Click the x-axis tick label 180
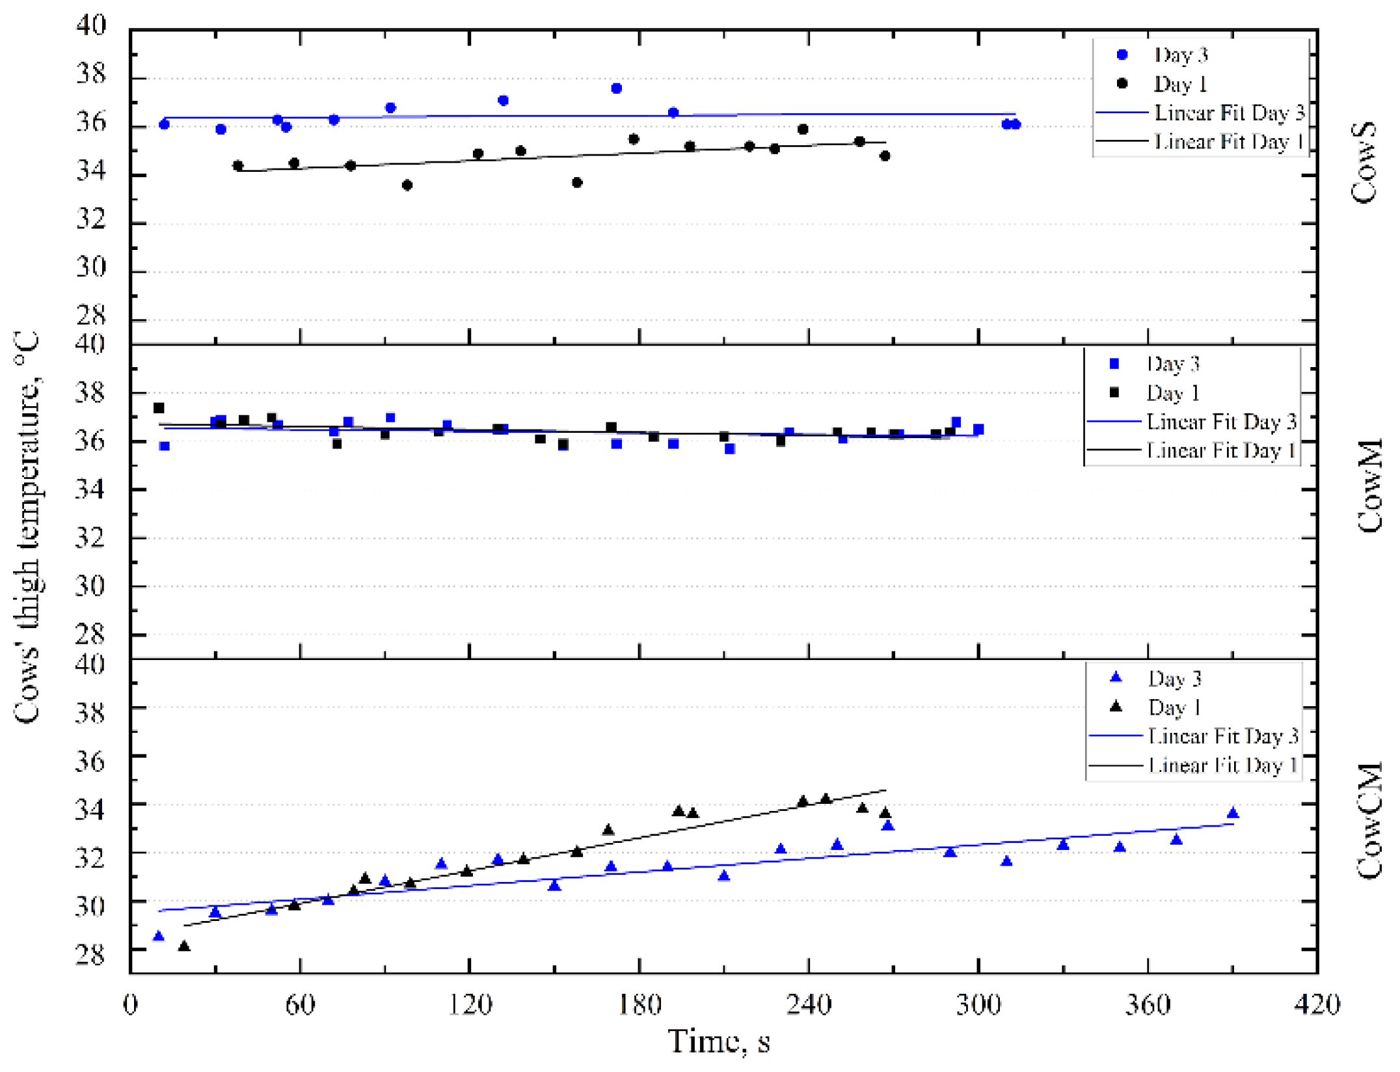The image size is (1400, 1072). click(639, 1005)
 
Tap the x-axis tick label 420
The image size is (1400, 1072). click(1317, 1005)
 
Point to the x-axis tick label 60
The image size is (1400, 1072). click(300, 1005)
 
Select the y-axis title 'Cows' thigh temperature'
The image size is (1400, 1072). click(27, 527)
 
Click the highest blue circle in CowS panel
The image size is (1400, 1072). click(616, 89)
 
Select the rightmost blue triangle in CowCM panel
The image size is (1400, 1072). click(1232, 813)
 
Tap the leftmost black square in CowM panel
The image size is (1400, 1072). click(159, 408)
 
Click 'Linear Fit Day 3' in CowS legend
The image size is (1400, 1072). click(1229, 113)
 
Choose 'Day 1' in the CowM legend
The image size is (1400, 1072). click(1172, 393)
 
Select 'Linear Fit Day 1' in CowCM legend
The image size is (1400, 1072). click(1222, 765)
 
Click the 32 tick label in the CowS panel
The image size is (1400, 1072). click(91, 220)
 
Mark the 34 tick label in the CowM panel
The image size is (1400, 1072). click(90, 489)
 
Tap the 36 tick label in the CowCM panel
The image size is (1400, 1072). click(90, 761)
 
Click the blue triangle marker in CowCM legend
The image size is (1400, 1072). click(1116, 678)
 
